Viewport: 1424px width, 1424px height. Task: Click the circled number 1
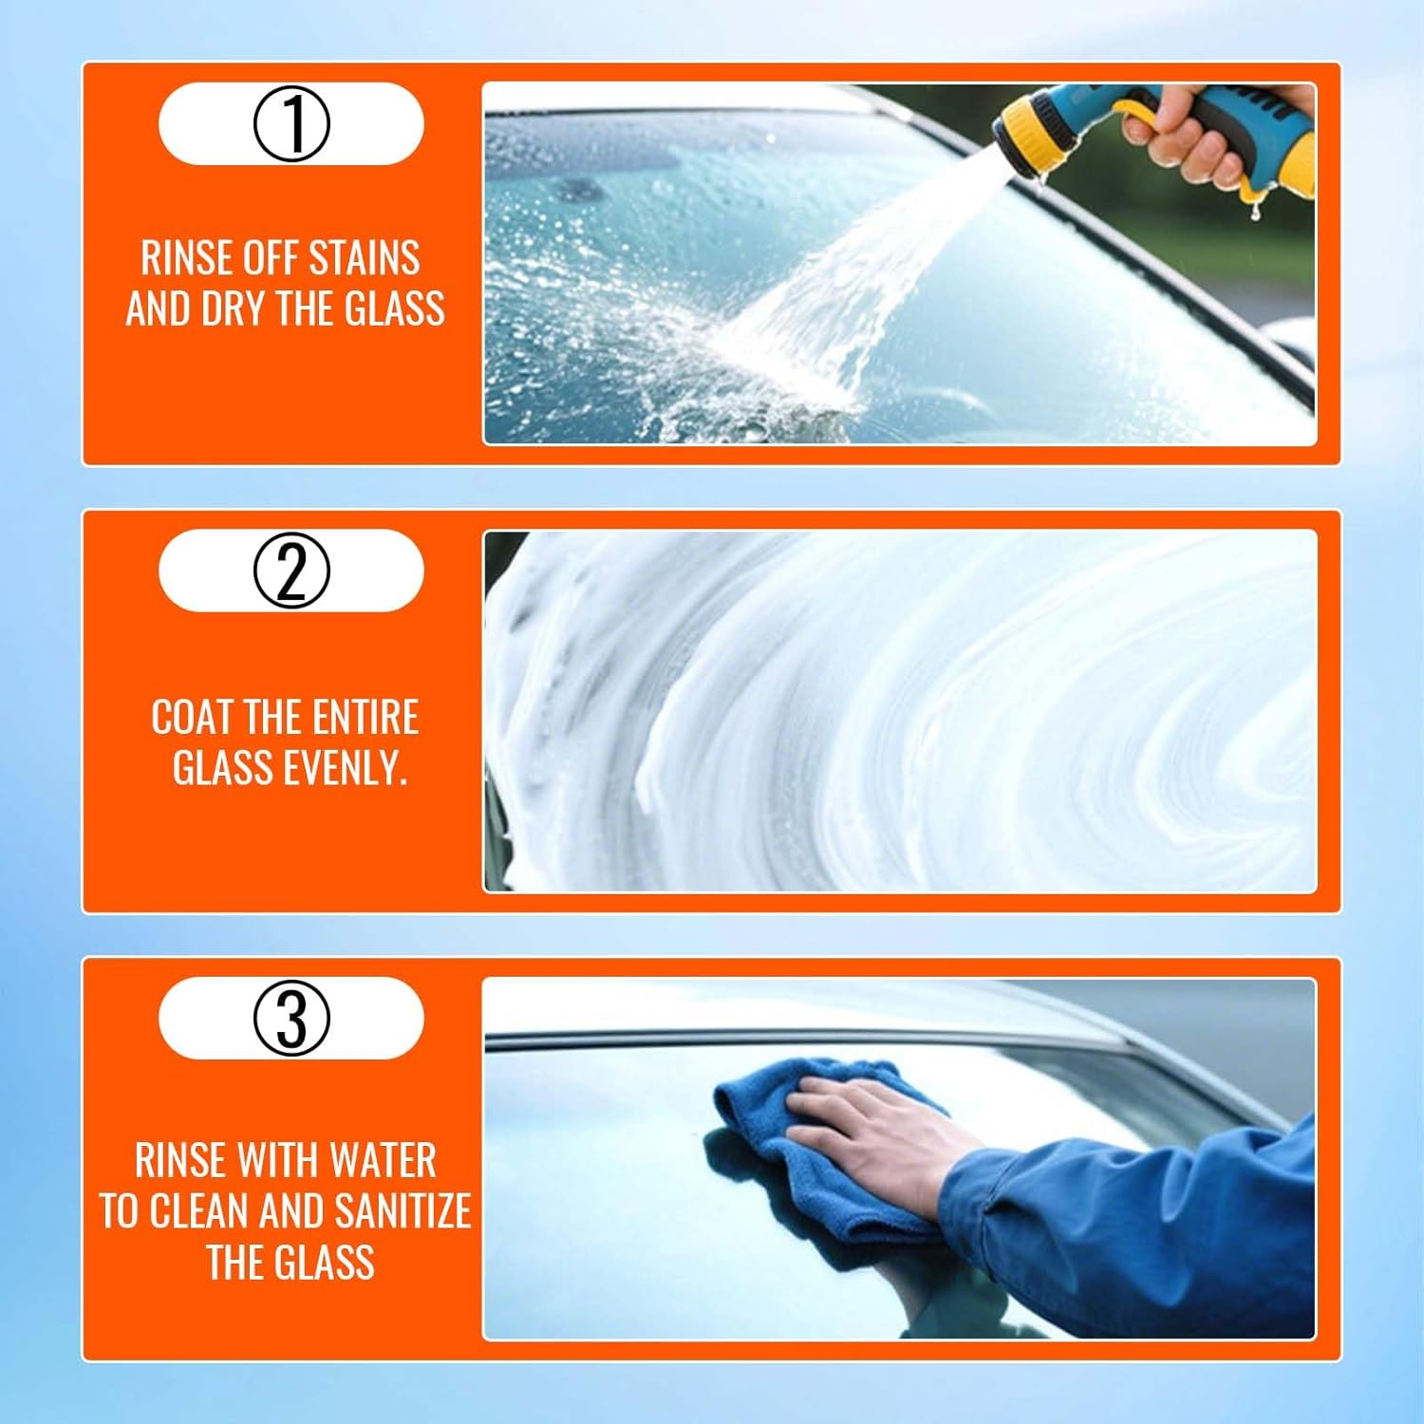tap(291, 124)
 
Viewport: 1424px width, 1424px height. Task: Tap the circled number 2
tap(291, 571)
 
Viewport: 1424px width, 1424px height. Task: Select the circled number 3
tap(291, 1018)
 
